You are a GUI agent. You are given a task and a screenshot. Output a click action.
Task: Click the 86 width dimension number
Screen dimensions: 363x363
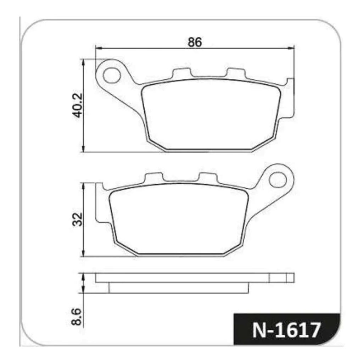click(x=195, y=42)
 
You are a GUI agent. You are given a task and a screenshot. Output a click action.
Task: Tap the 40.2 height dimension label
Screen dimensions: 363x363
click(x=77, y=105)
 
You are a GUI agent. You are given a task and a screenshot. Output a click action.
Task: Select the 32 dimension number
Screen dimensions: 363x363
click(x=77, y=219)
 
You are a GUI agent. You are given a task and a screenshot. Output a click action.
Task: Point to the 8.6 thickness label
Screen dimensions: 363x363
click(x=77, y=317)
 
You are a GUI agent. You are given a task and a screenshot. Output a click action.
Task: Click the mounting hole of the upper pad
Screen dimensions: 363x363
click(x=112, y=75)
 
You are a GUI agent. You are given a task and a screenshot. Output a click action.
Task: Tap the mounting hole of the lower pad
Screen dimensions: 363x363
click(x=278, y=180)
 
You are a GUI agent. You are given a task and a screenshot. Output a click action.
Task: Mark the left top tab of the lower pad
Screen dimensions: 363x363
click(x=154, y=178)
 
